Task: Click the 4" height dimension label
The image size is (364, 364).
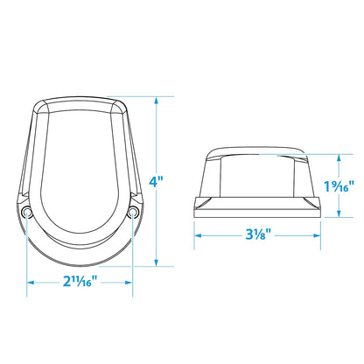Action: coord(156,182)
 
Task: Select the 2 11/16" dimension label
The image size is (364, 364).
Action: coord(80,282)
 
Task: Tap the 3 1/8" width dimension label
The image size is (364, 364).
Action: coord(258,234)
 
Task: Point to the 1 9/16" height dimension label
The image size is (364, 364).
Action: coord(339,186)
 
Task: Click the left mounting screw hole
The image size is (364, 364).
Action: coord(27,212)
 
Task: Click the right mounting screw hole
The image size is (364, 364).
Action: coord(133,211)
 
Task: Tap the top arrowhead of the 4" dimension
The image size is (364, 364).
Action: coord(157,100)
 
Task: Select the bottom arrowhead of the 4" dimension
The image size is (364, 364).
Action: coord(157,262)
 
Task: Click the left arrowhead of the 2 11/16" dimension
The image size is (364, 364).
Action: coord(31,283)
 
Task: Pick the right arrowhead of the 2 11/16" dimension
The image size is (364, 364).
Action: coord(129,283)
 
